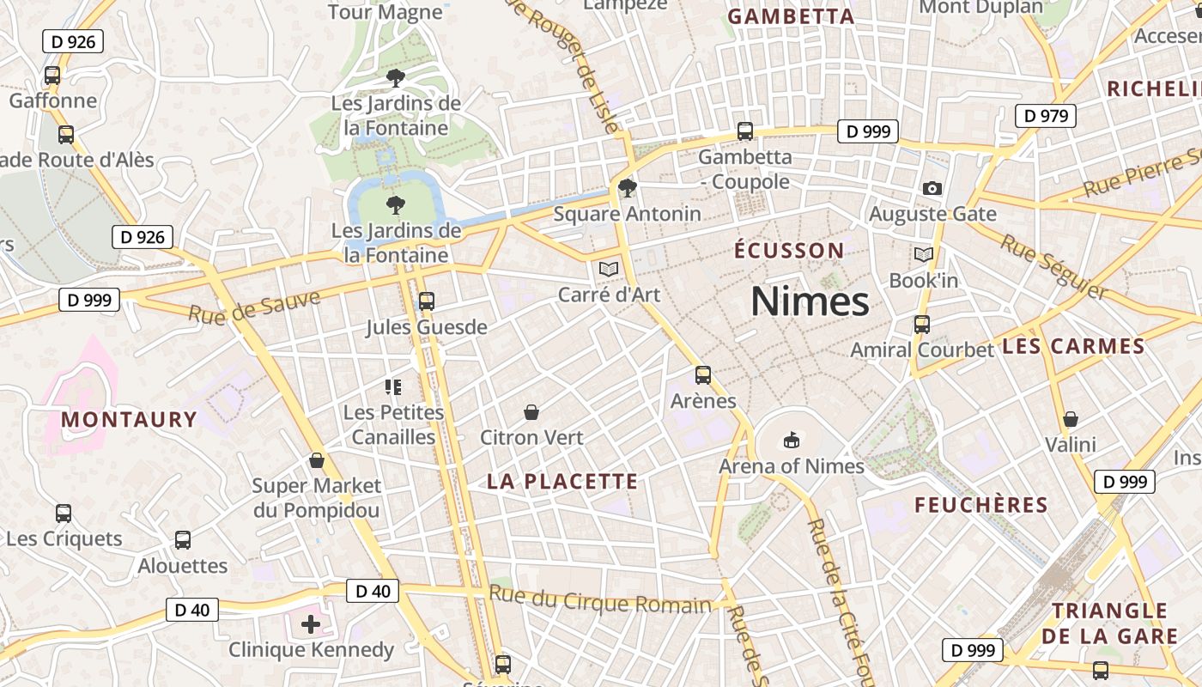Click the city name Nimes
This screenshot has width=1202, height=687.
(x=810, y=301)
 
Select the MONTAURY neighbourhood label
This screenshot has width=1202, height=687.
(x=129, y=419)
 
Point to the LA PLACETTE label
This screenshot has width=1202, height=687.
(x=562, y=481)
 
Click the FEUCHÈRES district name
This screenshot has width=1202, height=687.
(x=981, y=505)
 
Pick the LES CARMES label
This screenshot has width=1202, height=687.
(x=1073, y=346)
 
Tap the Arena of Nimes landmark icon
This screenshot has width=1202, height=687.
(x=791, y=441)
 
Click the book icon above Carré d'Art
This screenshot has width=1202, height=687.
(x=609, y=270)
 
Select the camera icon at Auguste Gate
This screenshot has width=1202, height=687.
(x=932, y=188)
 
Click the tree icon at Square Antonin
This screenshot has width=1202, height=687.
(x=628, y=188)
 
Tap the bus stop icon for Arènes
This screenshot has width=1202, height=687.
(x=703, y=375)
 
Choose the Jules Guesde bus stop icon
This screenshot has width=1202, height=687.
(x=427, y=301)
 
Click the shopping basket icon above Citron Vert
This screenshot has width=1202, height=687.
(x=531, y=412)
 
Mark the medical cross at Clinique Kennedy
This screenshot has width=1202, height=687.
(x=311, y=623)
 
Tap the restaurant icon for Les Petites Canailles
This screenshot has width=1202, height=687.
(x=393, y=387)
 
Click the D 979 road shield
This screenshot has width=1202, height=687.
(x=1045, y=115)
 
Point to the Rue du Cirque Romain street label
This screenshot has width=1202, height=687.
(x=600, y=599)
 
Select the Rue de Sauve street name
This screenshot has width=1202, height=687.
(x=254, y=307)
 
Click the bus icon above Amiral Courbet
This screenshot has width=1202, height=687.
(x=922, y=325)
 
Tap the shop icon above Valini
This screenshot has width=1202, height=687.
(x=1071, y=419)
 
